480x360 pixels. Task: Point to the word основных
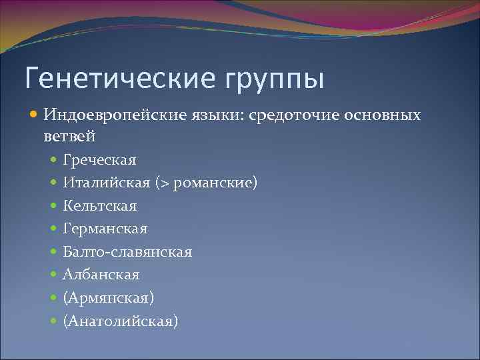pos(383,115)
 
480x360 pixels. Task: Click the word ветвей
pos(70,137)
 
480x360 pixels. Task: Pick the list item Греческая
pos(99,160)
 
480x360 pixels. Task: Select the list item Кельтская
pos(99,206)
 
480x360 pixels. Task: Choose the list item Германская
pos(105,229)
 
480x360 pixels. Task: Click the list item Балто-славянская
pos(127,252)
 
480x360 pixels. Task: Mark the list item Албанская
pos(101,275)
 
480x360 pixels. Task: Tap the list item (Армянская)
pos(108,298)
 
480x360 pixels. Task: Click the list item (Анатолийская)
pos(120,321)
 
